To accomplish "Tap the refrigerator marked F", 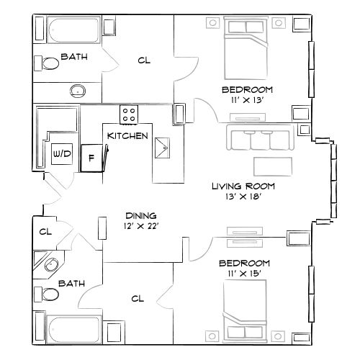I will coord(91,156).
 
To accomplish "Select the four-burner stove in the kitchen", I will coord(129,114).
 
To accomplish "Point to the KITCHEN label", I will coord(127,135).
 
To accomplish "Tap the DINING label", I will coord(140,215).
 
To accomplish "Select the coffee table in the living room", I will coord(272,165).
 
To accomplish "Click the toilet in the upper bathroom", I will coord(50,63).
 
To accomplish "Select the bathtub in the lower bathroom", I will coord(76,329).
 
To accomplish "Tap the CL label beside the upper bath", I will coord(143,60).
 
